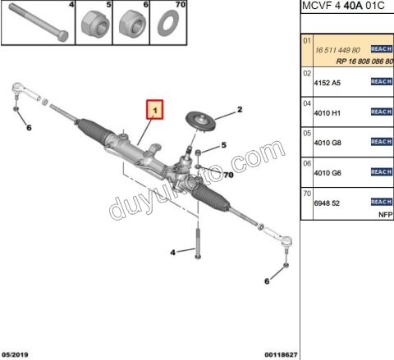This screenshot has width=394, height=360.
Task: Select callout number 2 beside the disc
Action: (x=240, y=109)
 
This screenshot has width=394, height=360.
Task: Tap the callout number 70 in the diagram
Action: (x=228, y=175)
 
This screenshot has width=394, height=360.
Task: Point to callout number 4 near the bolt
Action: (x=172, y=253)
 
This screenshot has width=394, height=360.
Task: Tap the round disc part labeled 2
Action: (x=199, y=120)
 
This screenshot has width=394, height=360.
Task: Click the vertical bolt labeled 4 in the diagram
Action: (x=198, y=245)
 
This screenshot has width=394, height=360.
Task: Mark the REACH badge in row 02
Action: (x=381, y=81)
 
